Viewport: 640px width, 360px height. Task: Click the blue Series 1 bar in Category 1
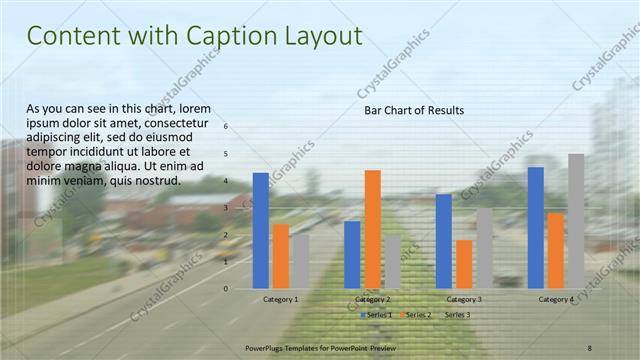[x=261, y=231]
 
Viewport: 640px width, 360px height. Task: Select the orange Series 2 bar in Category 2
[x=372, y=229]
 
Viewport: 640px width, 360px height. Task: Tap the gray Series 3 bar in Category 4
[x=576, y=221]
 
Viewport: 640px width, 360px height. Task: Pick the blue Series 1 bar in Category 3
[x=444, y=241]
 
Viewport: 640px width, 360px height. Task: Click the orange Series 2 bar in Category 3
[x=464, y=264]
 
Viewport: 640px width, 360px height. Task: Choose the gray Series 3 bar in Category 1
[x=301, y=261]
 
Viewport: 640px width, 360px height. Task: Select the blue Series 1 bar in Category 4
[x=536, y=227]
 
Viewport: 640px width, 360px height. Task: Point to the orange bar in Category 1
[x=281, y=256]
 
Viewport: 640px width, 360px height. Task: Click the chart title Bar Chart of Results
[x=414, y=110]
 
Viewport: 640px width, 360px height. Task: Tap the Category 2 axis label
[x=372, y=299]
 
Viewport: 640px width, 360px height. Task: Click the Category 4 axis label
[x=556, y=299]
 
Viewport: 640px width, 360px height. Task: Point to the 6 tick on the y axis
[x=227, y=127]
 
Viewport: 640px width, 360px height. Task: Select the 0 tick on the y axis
[x=227, y=289]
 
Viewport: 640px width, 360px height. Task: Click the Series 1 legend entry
[x=376, y=315]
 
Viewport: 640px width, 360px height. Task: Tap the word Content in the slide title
[x=74, y=36]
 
